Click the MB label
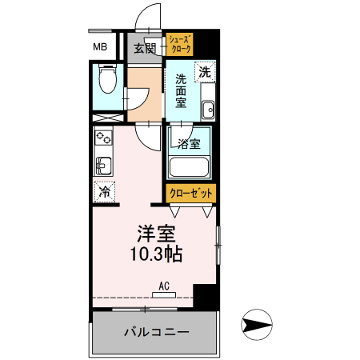click(101, 46)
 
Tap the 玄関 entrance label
click(145, 48)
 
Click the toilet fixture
click(106, 80)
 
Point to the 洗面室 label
click(181, 90)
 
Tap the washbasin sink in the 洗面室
click(207, 109)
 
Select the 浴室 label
click(190, 145)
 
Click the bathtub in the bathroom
click(189, 168)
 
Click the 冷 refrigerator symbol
click(104, 192)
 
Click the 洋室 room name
click(154, 234)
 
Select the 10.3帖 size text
click(155, 255)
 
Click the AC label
click(163, 285)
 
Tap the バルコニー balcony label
click(155, 331)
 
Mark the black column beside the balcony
click(206, 295)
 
